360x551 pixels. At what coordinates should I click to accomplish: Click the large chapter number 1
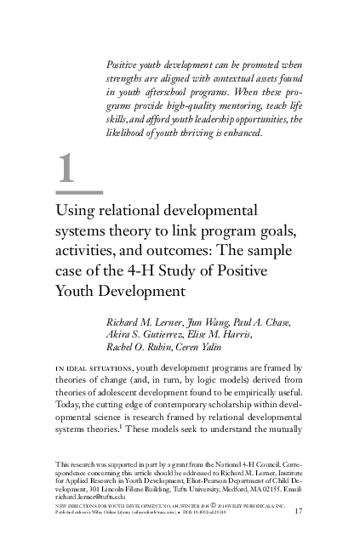click(68, 171)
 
